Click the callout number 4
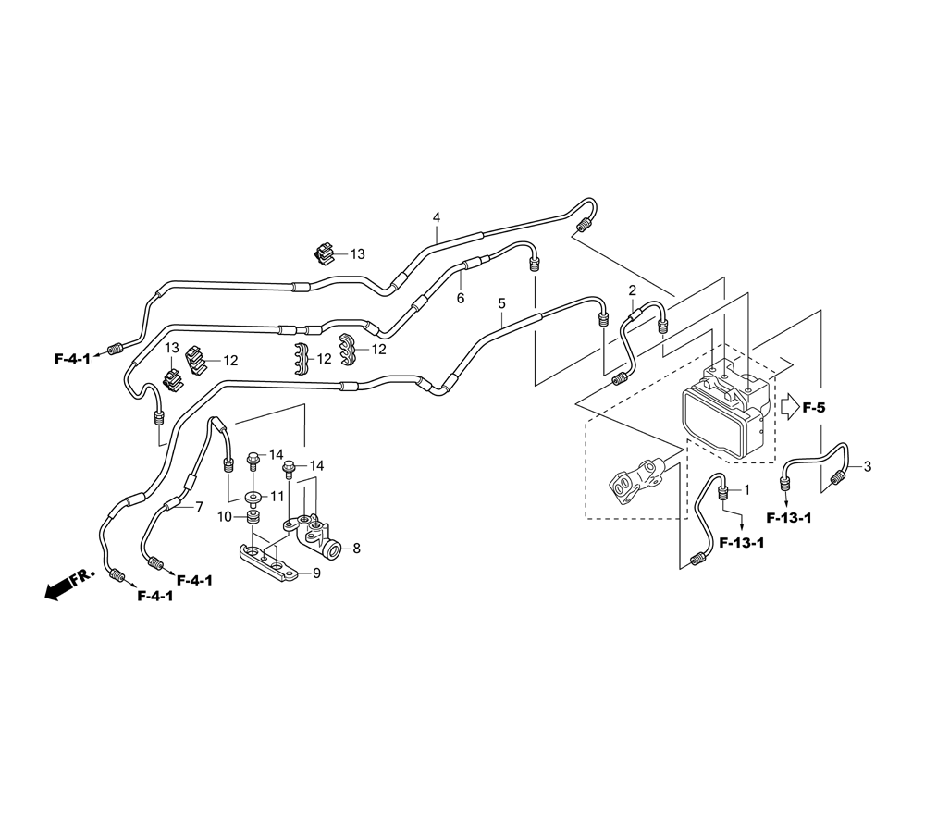pos(437,218)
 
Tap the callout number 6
pos(460,298)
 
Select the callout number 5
pos(501,302)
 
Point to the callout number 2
pos(633,290)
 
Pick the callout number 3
pos(868,467)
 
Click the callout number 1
pos(746,488)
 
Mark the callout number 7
pos(198,507)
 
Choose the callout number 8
pos(356,549)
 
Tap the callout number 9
pos(316,573)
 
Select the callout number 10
pos(225,516)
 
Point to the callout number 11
pos(277,497)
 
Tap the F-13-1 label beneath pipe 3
pos(788,517)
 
